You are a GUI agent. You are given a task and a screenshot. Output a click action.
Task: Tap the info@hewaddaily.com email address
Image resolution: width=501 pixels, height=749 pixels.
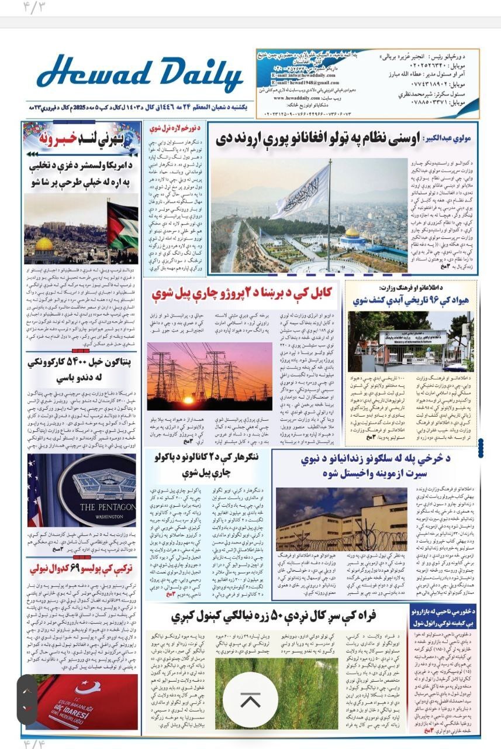pos(301,75)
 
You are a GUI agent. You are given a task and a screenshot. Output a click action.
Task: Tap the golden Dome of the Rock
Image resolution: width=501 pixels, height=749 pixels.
pos(44,244)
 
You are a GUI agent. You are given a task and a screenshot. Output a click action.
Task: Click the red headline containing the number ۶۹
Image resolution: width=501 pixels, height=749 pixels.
pos(82,568)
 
